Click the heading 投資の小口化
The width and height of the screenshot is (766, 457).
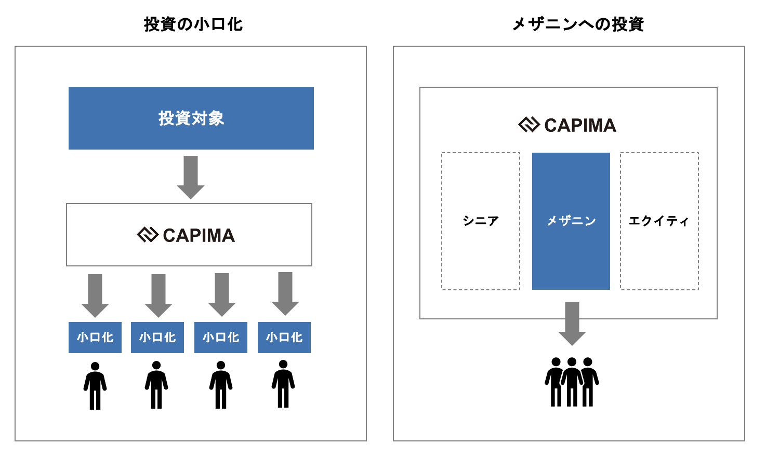(193, 24)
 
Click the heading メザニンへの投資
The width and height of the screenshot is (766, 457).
(578, 24)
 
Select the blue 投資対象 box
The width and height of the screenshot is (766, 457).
(191, 118)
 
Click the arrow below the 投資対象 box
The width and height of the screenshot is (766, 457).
(191, 177)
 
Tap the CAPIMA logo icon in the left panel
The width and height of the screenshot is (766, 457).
(147, 235)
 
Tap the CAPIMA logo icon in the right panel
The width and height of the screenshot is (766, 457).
(529, 125)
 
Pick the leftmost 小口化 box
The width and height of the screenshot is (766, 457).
(95, 338)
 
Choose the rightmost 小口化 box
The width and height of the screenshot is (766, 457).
(284, 338)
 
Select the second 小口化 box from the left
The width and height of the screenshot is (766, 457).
(157, 338)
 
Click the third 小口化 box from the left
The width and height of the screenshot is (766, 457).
(221, 338)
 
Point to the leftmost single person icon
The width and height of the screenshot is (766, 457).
(95, 385)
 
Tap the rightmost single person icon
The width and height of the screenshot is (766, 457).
(283, 384)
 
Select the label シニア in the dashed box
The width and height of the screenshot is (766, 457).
(481, 221)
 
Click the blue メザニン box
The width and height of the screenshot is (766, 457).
(571, 221)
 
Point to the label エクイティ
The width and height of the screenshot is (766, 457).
(659, 221)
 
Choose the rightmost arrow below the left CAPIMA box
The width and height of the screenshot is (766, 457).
(285, 293)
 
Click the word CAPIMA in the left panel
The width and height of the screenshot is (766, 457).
(199, 235)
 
